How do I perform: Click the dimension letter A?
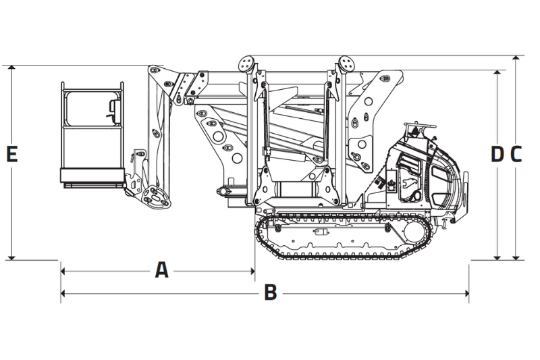tap(161, 270)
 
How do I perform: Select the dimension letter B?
tap(270, 292)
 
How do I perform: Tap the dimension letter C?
tap(516, 154)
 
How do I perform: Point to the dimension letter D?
tap(497, 154)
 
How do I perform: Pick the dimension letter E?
tap(11, 154)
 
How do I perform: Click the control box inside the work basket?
tap(112, 108)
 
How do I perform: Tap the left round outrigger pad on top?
tap(246, 63)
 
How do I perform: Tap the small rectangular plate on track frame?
tap(319, 231)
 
